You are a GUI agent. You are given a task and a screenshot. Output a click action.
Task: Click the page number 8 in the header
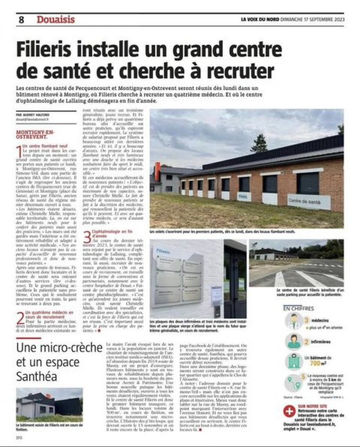click(x=21, y=20)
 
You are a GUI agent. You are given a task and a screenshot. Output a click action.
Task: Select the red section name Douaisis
click(x=56, y=20)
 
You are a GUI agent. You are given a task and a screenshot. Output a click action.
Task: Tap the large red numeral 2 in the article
click(x=19, y=317)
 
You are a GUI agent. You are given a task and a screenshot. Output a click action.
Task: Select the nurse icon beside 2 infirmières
click(x=294, y=342)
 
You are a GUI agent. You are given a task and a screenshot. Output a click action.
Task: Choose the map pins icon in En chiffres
click(x=294, y=382)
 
